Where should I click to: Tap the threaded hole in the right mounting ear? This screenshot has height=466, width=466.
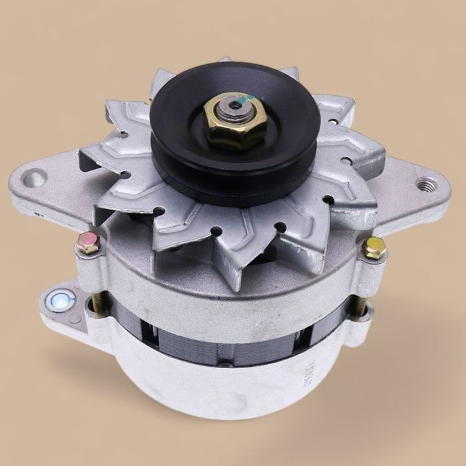tap(423, 184)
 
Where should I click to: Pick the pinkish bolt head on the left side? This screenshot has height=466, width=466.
tap(87, 243)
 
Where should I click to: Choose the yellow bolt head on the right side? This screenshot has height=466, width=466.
tap(374, 247)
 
